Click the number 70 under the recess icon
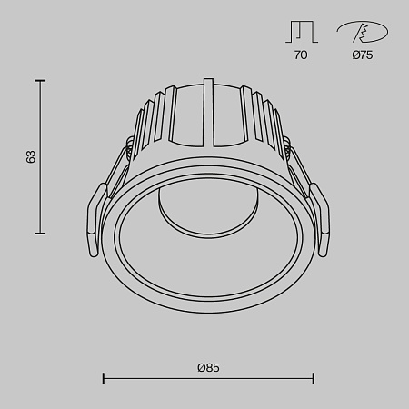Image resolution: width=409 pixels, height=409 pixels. point(301,55)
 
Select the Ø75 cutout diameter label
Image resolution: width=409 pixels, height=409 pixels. point(361,55)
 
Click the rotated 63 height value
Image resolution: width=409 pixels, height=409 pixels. point(32,157)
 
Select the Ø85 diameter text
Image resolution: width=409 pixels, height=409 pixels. point(208,367)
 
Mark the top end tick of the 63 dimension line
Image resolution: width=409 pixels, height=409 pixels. point(40,81)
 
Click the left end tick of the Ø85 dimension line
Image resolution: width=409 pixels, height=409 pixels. point(103,377)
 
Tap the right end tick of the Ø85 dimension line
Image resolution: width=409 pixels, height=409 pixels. point(314,377)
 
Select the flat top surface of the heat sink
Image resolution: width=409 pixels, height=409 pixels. point(208,87)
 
